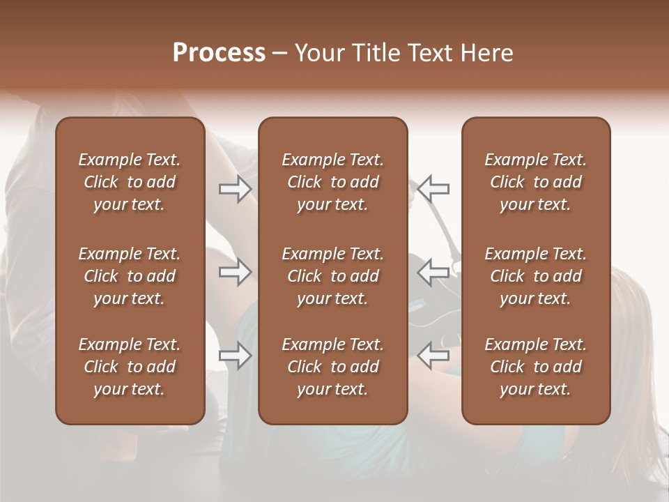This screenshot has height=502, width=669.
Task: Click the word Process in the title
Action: click(x=219, y=53)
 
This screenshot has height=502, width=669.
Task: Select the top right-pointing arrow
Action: click(x=236, y=188)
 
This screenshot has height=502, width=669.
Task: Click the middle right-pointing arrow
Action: click(x=236, y=272)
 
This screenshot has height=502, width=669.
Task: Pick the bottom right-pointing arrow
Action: click(x=236, y=356)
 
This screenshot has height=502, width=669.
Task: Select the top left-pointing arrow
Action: click(x=433, y=188)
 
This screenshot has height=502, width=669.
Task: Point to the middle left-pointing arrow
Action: click(x=433, y=272)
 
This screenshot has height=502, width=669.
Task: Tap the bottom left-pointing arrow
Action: click(x=433, y=356)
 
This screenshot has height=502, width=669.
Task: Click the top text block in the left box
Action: click(x=130, y=182)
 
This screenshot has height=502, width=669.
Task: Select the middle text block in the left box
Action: click(x=130, y=276)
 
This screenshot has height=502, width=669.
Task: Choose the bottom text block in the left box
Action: click(x=130, y=367)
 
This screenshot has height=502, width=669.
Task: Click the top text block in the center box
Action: click(x=333, y=182)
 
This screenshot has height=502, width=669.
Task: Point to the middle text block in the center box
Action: click(x=333, y=276)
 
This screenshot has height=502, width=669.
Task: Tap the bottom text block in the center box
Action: click(x=333, y=367)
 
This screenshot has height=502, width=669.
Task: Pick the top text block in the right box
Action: click(x=536, y=182)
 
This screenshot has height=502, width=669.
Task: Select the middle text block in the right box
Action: click(x=536, y=276)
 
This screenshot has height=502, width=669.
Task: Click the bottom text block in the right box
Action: click(x=536, y=367)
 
